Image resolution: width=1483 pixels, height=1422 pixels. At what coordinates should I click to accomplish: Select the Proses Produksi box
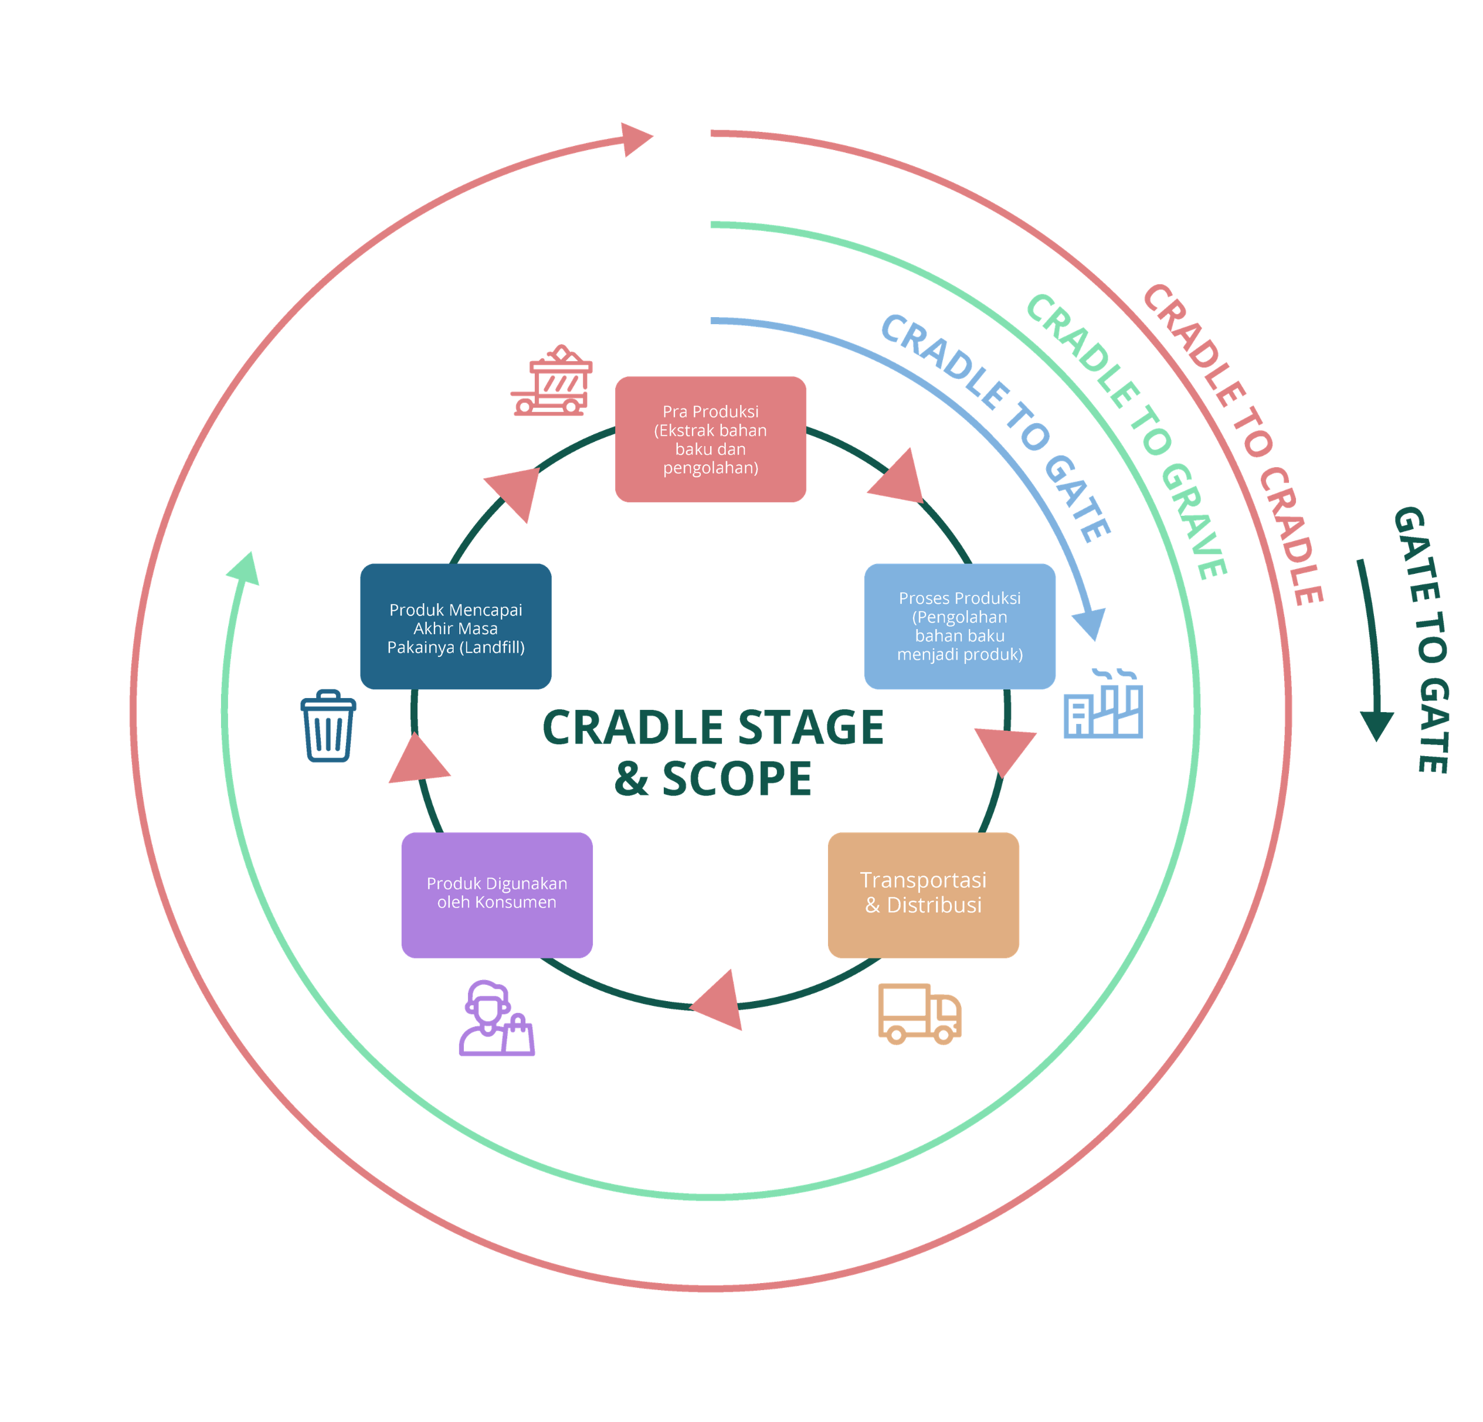tap(959, 626)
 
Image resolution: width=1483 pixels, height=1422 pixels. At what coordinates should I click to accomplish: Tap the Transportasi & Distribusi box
tap(923, 896)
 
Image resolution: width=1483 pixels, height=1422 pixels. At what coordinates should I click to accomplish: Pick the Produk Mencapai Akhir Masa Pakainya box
tap(456, 626)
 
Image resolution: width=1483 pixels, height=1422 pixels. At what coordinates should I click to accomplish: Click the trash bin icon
tap(328, 726)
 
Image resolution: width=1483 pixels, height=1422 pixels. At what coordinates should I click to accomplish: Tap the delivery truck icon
tap(919, 1013)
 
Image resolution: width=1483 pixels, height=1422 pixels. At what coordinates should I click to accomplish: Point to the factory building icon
tap(1103, 703)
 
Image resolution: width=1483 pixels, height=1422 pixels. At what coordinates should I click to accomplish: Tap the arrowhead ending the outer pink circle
tap(636, 139)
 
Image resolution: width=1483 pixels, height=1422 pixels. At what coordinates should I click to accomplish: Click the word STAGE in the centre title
tap(810, 727)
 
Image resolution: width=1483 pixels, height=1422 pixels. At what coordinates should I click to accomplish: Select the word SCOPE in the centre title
tap(737, 779)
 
